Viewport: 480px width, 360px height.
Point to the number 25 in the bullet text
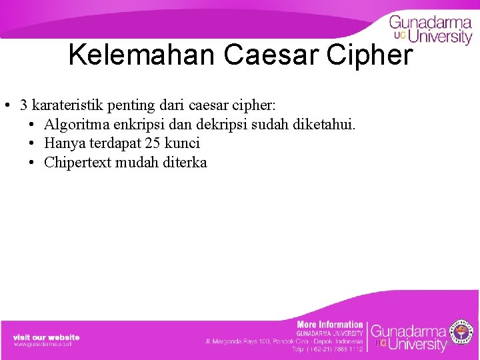153,143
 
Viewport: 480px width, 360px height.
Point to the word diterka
185,163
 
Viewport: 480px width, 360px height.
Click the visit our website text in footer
46,337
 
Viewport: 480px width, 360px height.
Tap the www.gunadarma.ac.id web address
43,344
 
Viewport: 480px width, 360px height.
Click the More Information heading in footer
330,325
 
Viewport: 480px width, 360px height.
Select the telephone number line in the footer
328,349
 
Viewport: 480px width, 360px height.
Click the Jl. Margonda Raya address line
285,341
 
